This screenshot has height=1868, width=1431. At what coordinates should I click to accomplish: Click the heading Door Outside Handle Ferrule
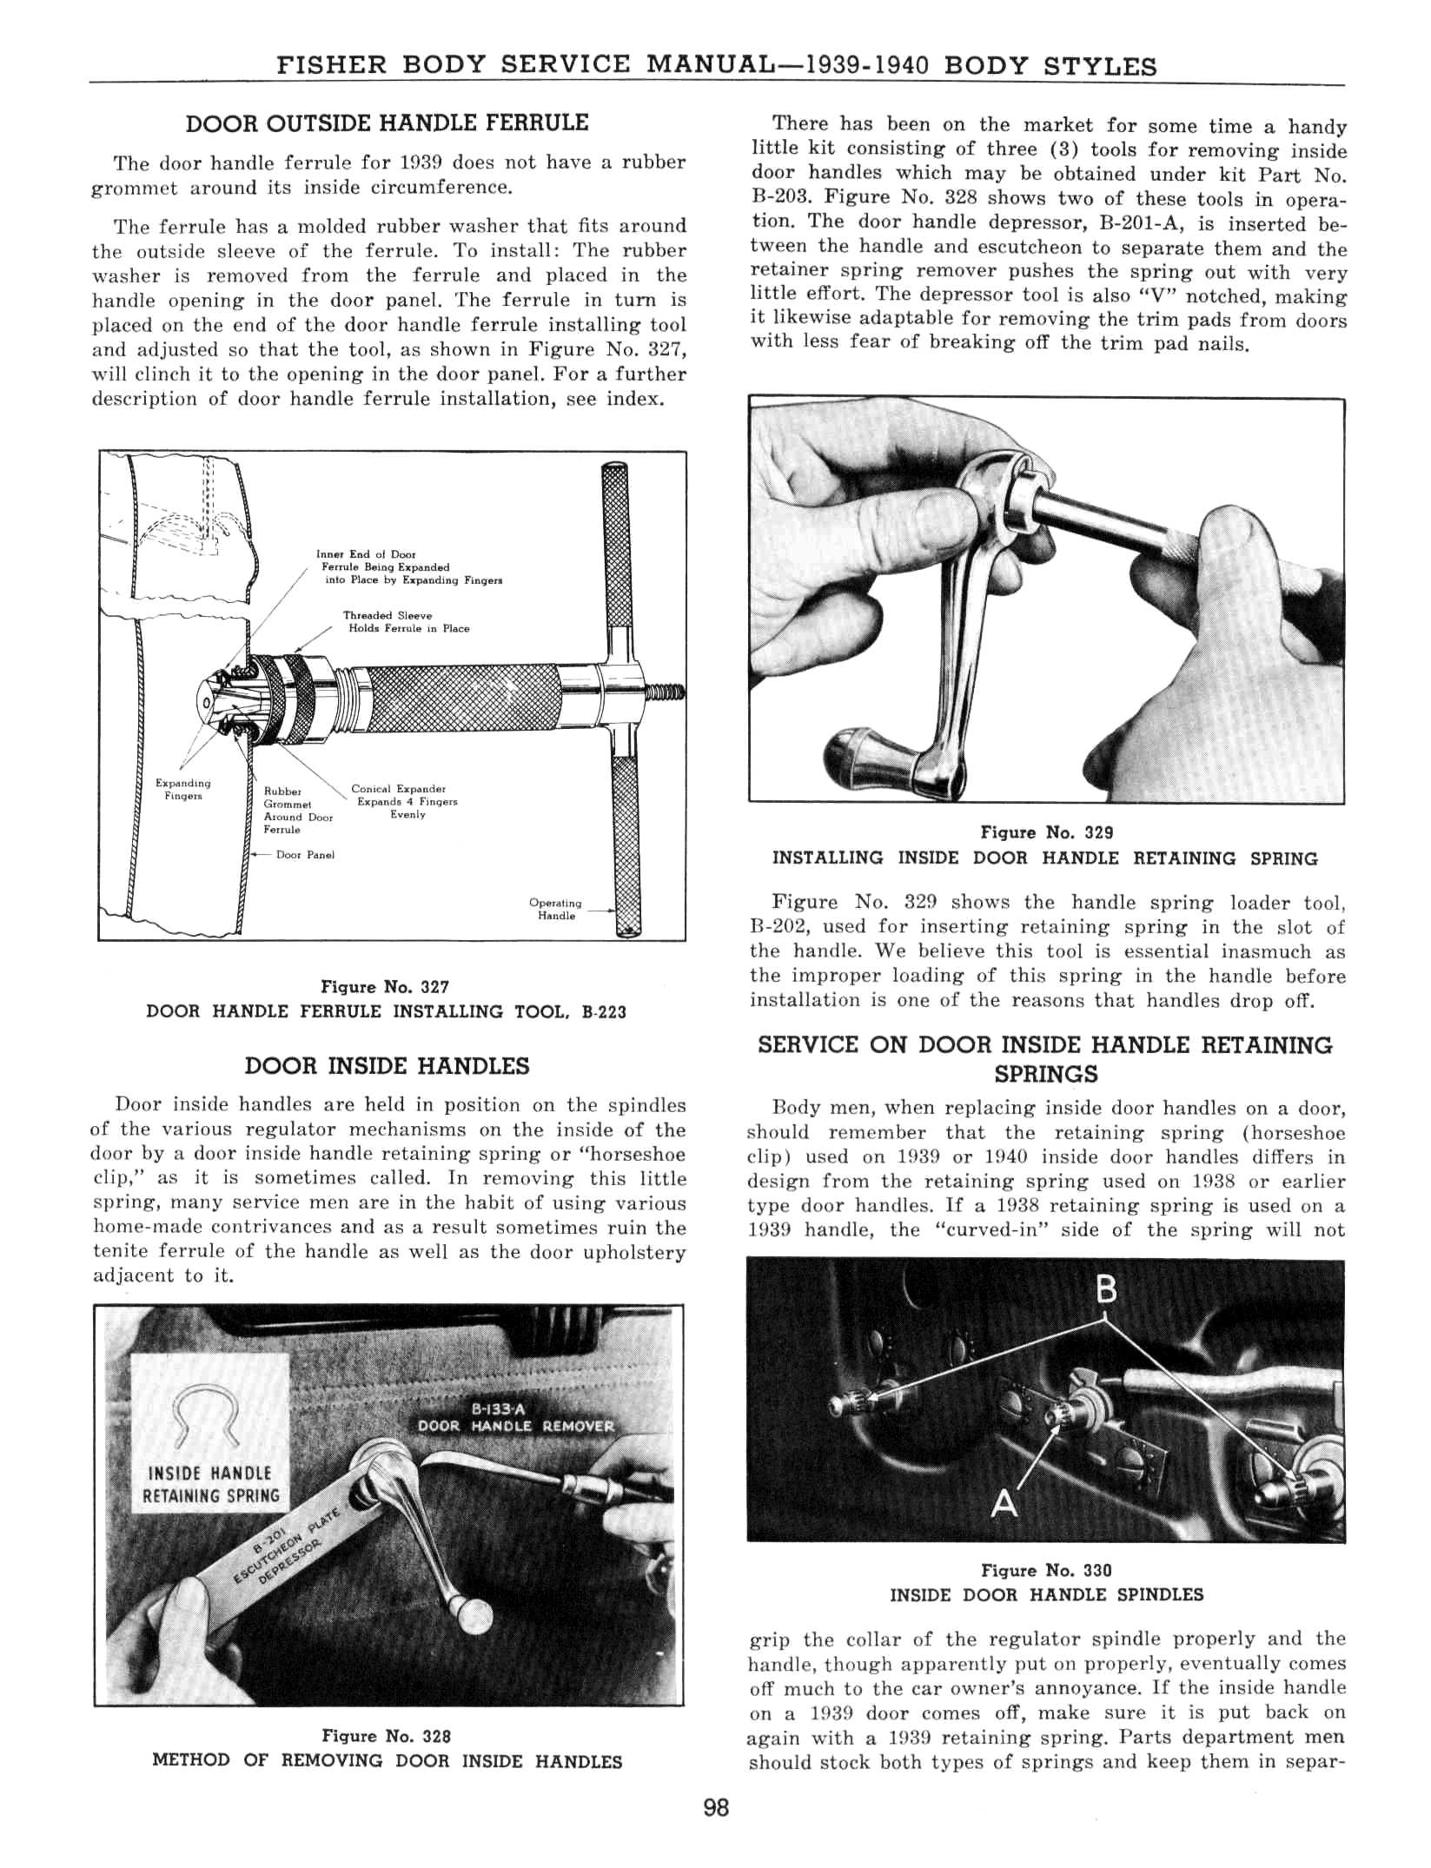pos(387,123)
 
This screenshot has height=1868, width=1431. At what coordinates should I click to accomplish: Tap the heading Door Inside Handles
pos(387,1066)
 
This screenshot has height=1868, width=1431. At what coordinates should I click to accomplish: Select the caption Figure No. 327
pos(385,987)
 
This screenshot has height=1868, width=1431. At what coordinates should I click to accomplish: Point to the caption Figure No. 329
pos(1046,832)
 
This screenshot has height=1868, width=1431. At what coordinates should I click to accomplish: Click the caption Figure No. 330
pos(1046,1570)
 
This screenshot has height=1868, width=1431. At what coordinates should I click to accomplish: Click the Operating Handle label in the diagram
pos(555,909)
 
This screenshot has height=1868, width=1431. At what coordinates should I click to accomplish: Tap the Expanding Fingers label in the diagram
pos(182,789)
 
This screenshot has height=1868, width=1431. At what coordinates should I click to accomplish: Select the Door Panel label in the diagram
pos(305,855)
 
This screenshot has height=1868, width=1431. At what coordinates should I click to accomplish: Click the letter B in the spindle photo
pos(1106,1290)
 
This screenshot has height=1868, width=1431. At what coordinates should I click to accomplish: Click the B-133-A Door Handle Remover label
pos(516,1418)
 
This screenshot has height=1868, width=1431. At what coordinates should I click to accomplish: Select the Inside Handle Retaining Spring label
pos(211,1484)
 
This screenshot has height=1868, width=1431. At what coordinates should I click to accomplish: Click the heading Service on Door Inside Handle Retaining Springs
pos(1045,1059)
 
